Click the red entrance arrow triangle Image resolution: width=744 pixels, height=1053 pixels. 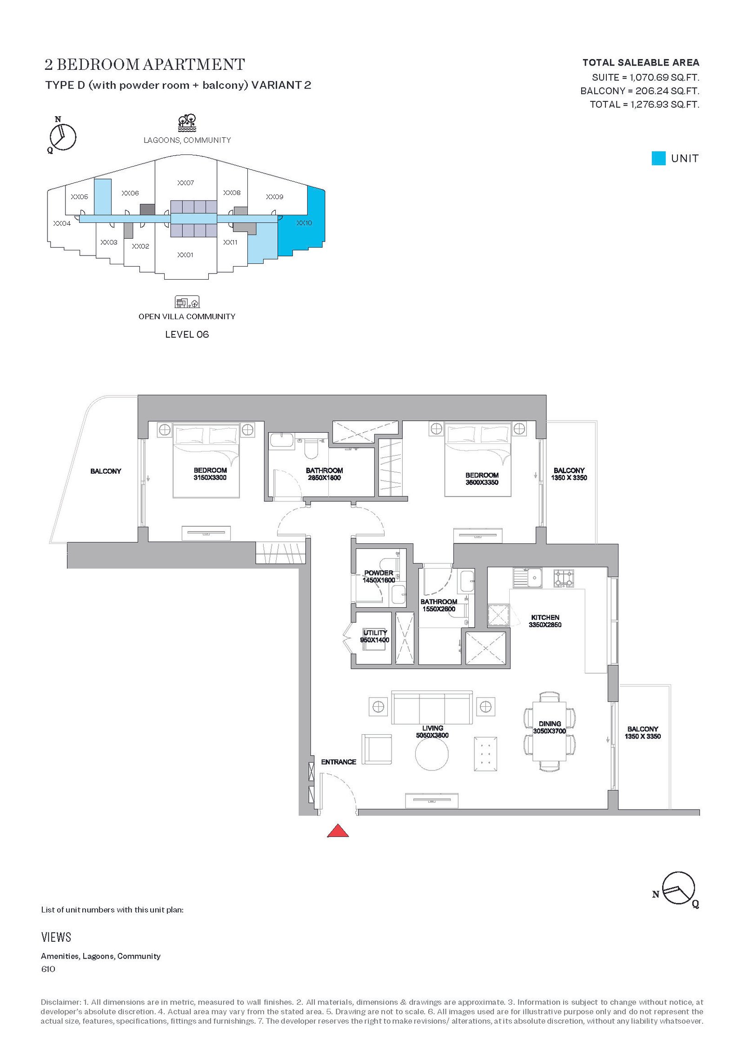point(338,831)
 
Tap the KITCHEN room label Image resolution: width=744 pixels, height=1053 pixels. point(545,617)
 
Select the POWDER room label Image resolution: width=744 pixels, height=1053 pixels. point(379,573)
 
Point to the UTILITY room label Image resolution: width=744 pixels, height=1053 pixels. point(375,633)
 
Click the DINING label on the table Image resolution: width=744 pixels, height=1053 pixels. point(550,724)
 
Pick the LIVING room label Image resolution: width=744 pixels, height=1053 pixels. point(432,728)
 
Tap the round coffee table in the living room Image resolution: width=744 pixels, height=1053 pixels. point(432,754)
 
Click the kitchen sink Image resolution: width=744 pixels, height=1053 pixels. point(528,577)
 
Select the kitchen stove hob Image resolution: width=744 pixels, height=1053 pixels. point(564,578)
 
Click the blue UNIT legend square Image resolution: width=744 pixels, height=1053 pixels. point(658,158)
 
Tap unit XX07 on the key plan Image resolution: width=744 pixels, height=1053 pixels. point(186,183)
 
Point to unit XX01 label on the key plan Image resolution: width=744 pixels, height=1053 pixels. point(186,255)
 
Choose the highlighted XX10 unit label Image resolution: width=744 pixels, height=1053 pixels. point(304,223)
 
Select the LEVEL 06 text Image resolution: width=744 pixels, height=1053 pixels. point(187,334)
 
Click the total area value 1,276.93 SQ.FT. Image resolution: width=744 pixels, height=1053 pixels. point(664,104)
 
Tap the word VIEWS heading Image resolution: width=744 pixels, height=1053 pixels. point(56,937)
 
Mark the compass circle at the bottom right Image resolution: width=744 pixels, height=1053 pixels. point(678,888)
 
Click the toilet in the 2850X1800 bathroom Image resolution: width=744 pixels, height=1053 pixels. point(311,447)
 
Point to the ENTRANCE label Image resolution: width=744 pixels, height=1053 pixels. point(339,762)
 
